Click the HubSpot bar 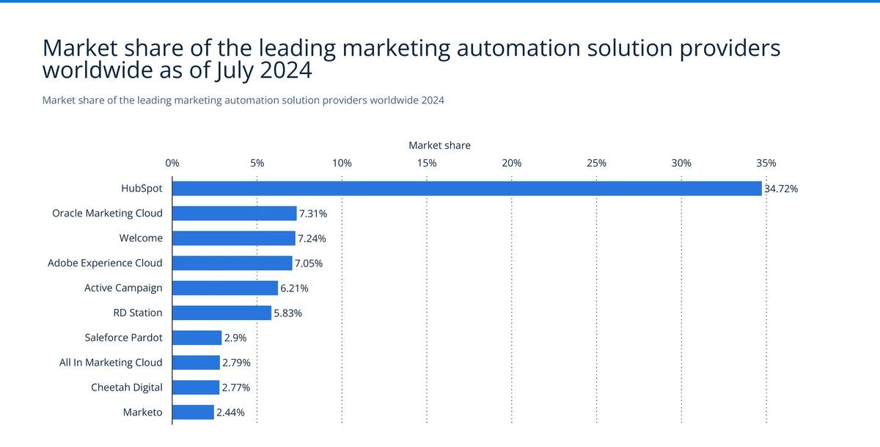click(467, 189)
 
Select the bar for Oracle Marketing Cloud click(234, 214)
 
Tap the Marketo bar click(193, 413)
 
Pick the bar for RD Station click(221, 313)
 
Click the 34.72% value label click(781, 189)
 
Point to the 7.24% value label click(312, 239)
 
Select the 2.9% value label click(235, 338)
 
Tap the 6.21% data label click(294, 288)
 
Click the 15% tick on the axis click(427, 163)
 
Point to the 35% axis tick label click(766, 163)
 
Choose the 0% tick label click(172, 163)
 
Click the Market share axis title click(439, 145)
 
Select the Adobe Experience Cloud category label click(105, 263)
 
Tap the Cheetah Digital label click(126, 387)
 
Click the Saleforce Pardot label click(123, 338)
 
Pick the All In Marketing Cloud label click(111, 363)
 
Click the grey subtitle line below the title click(243, 100)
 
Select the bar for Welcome click(233, 239)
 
